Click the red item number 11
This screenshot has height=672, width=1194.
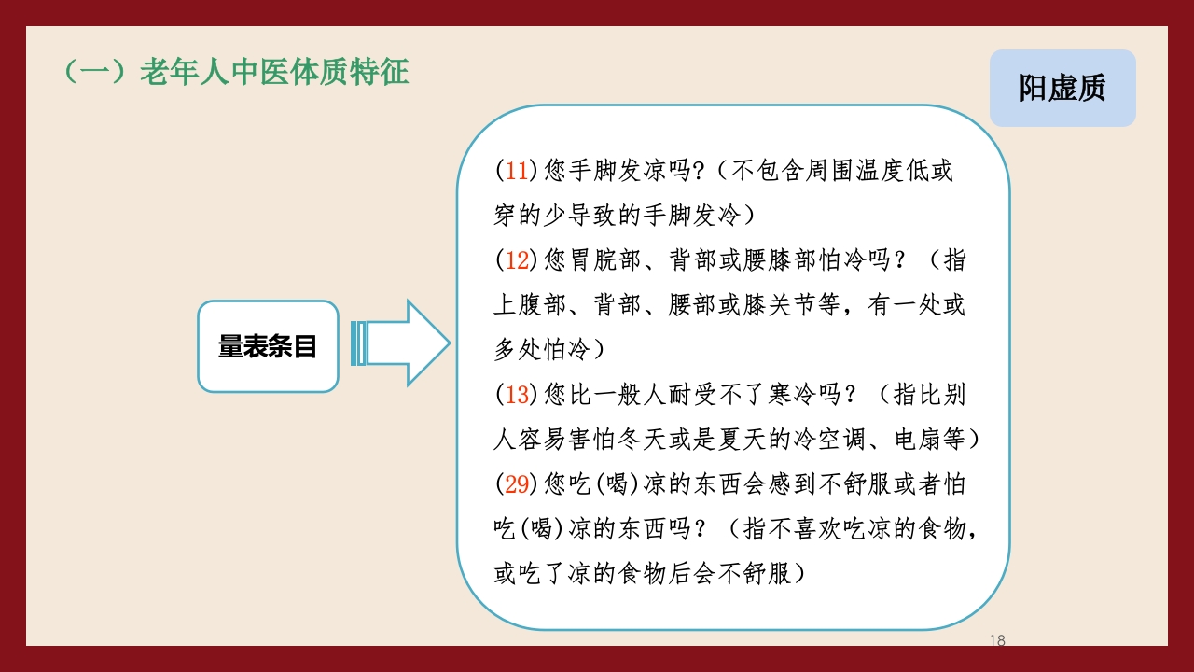[x=517, y=172]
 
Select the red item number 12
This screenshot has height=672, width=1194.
[x=517, y=260]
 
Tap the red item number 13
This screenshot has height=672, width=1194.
[x=517, y=395]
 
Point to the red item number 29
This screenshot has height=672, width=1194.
[x=517, y=484]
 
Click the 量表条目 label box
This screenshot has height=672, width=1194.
[x=268, y=346]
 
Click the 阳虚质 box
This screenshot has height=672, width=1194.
[x=1062, y=89]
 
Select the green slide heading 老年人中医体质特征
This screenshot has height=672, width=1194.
[x=274, y=73]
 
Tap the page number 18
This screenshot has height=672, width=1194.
[x=997, y=640]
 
